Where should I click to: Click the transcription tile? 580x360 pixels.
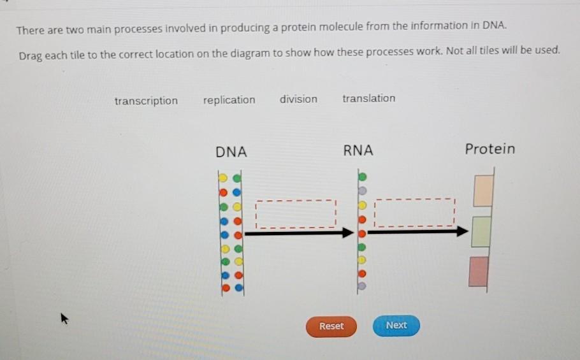(146, 101)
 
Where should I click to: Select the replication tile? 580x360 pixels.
(229, 100)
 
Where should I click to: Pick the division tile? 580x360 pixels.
(298, 99)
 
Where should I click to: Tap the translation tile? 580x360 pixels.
(369, 98)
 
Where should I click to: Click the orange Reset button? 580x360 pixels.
(331, 326)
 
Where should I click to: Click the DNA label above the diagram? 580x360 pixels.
(231, 152)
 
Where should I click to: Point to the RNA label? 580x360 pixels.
(358, 150)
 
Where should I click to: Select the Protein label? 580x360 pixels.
(489, 149)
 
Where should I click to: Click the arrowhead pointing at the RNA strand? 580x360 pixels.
(348, 233)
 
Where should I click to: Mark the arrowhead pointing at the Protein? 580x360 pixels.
(462, 231)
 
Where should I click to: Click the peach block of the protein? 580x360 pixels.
(484, 191)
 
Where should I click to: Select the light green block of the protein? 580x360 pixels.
(481, 232)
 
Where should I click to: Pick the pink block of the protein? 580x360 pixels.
(479, 271)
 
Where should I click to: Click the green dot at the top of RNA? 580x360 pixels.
(363, 177)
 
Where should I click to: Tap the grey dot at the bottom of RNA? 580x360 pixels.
(362, 286)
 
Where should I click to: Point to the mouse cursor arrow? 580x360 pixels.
(64, 318)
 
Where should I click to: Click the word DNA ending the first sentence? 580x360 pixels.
(493, 25)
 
